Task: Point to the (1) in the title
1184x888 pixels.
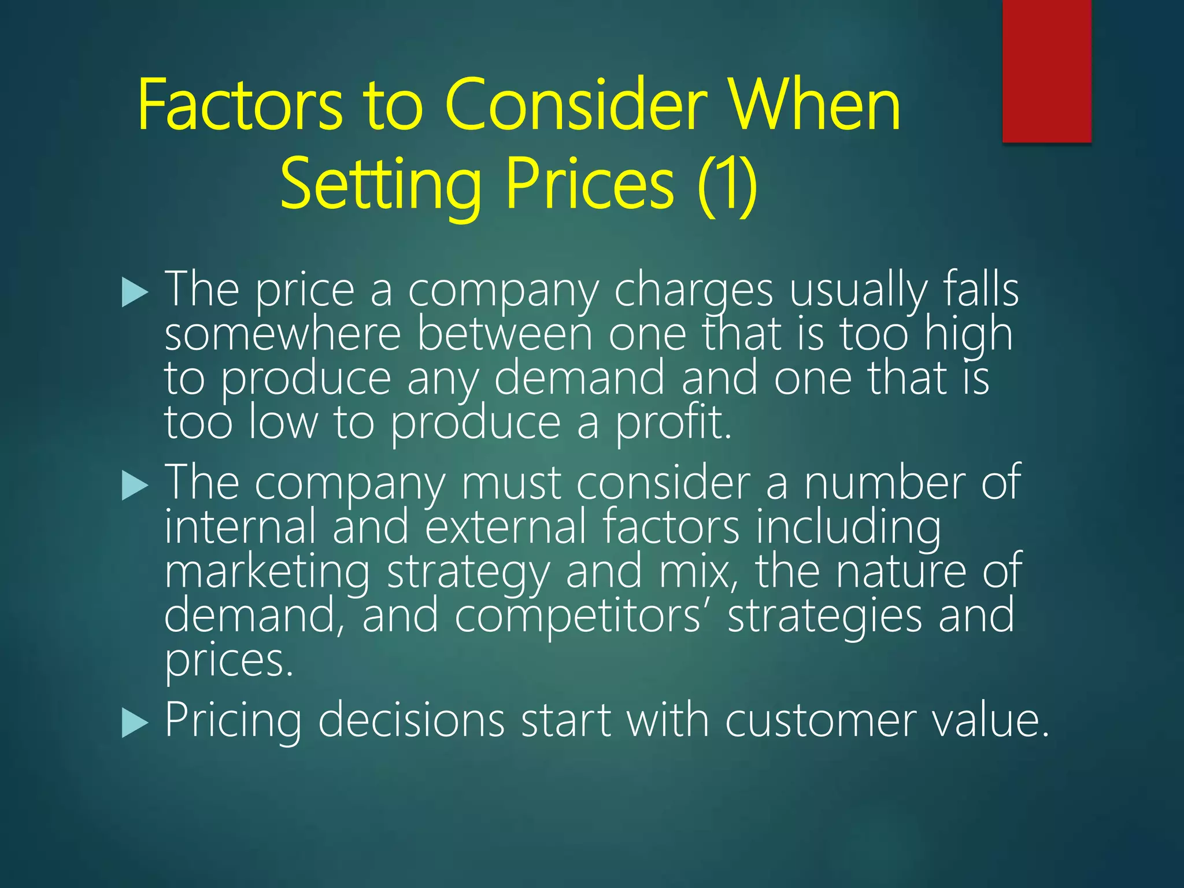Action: tap(727, 185)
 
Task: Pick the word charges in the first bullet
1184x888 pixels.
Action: tap(693, 291)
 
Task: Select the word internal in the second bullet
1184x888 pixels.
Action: tap(240, 527)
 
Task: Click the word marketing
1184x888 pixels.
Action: tap(267, 572)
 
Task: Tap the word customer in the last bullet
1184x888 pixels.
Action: tap(820, 721)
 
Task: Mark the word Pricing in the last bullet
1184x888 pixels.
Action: tap(233, 722)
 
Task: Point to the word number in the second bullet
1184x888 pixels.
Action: tap(884, 483)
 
